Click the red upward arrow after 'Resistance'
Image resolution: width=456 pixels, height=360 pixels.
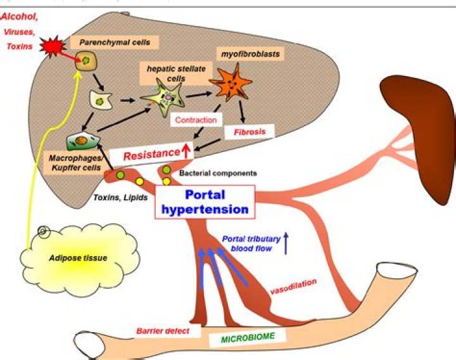click(186, 150)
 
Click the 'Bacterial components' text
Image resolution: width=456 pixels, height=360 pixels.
click(217, 172)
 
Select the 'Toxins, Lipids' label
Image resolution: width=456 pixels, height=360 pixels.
click(120, 197)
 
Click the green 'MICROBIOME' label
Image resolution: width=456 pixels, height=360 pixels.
click(248, 337)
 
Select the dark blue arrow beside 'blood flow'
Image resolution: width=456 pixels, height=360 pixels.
click(286, 243)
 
